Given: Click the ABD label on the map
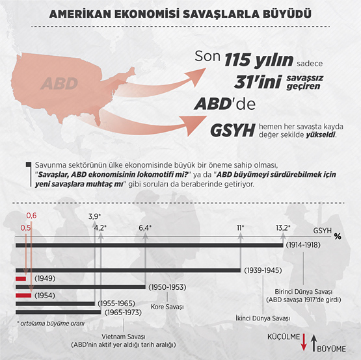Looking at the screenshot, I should click(59, 83).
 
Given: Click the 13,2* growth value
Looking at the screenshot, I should click(283, 227).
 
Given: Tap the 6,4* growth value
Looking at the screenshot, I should click(144, 227).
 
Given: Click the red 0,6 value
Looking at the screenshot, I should click(31, 216).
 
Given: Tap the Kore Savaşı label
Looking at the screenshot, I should click(167, 306).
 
